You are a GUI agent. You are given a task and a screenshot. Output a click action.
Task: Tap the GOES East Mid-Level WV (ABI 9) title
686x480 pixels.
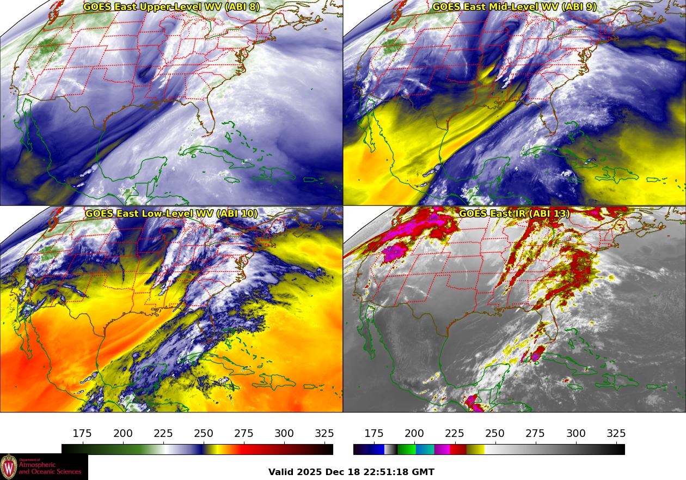(x=514, y=7)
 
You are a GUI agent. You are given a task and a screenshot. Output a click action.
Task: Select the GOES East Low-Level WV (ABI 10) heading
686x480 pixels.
(x=171, y=214)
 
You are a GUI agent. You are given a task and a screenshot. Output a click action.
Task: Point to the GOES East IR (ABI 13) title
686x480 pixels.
(x=514, y=214)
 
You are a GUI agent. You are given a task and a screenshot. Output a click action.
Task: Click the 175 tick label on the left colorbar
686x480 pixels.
(x=82, y=434)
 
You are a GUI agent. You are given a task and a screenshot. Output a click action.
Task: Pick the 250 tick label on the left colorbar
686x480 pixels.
(x=204, y=434)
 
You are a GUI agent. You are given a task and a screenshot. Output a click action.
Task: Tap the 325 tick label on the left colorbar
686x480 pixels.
(x=324, y=434)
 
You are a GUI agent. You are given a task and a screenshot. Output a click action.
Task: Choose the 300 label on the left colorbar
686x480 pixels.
(x=284, y=434)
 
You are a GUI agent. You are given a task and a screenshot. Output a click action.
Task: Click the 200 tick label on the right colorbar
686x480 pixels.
(x=414, y=434)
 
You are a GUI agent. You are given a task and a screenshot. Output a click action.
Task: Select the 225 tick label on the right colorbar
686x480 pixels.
(x=455, y=434)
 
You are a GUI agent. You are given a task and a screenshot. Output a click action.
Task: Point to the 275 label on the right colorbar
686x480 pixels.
(x=535, y=434)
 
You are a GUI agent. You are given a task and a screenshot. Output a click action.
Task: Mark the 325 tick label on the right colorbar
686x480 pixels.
(x=616, y=434)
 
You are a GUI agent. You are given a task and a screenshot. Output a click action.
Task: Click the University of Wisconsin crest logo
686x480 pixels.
(x=9, y=467)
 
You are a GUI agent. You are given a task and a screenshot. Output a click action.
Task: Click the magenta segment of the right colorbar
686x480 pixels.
(x=442, y=449)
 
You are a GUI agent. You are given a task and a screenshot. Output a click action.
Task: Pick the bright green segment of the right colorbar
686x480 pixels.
(x=406, y=449)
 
